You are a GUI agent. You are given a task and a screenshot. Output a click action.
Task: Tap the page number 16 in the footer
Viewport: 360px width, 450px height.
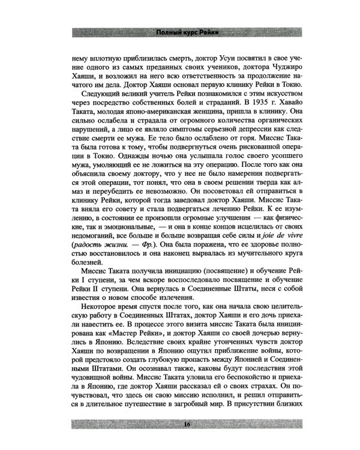click(x=180, y=425)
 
